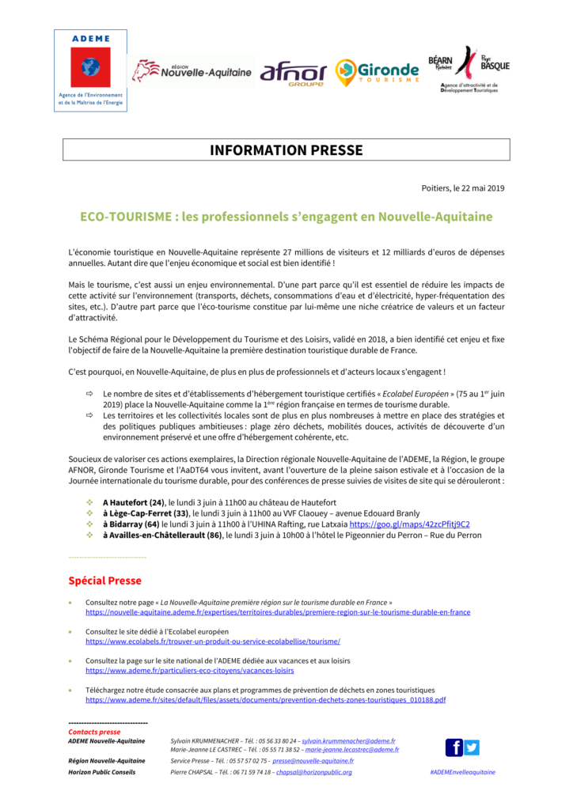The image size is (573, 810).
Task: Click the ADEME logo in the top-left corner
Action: point(90,70)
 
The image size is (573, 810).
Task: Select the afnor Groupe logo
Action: point(293,73)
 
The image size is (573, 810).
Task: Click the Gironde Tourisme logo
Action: point(377,73)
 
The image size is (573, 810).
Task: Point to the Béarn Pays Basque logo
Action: point(469,70)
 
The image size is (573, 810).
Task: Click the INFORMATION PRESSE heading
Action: point(286,150)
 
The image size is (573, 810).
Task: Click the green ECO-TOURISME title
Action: point(286,217)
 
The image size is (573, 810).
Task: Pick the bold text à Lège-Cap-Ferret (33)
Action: point(146,513)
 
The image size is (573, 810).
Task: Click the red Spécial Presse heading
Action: point(105,581)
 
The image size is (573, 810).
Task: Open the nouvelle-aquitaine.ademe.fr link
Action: point(278,612)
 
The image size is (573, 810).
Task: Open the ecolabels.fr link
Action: point(213,642)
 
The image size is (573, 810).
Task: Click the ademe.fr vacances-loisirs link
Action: point(190,671)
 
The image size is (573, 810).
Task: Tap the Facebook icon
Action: point(454,748)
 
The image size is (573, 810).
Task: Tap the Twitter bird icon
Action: point(472,748)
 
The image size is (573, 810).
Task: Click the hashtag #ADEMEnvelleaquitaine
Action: point(463,772)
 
